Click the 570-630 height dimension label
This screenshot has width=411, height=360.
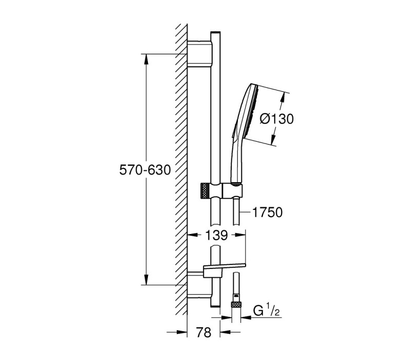coord(145,170)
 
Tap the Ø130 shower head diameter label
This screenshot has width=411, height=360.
coord(276,119)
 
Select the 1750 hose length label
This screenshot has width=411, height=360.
coord(267,212)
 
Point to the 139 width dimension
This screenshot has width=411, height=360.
coord(216,236)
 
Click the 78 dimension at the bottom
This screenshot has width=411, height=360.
coord(203,333)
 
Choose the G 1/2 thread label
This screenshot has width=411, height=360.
coord(266,311)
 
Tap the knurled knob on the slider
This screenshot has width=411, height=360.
coord(204,190)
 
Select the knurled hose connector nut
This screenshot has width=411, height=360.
coord(236,304)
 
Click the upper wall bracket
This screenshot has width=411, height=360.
coord(199,54)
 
